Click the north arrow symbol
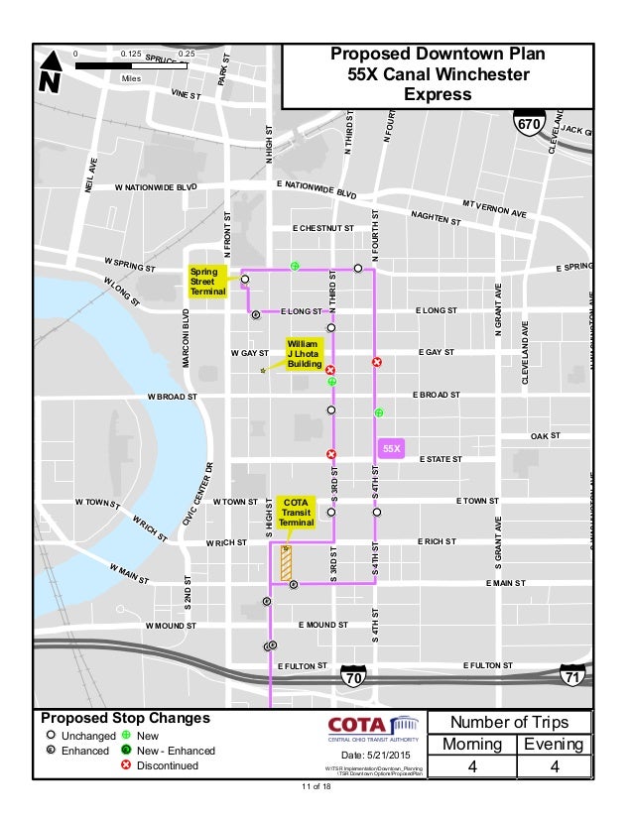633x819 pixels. pos(51,73)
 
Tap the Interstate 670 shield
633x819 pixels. pos(527,123)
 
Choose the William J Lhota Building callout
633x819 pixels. pos(304,354)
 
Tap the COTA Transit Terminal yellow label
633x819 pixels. pos(296,511)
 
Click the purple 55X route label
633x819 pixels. pos(392,449)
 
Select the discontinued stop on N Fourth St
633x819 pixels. pos(376,363)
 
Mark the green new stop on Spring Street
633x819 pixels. pos(295,266)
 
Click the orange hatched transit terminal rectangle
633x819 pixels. pos(286,562)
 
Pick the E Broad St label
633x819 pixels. pos(436,395)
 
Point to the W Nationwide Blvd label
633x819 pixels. pos(157,186)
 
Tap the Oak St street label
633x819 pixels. pos(545,436)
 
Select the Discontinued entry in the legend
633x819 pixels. pos(167,765)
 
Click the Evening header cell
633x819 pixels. pos(555,744)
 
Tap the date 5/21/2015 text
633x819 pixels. pos(373,758)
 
